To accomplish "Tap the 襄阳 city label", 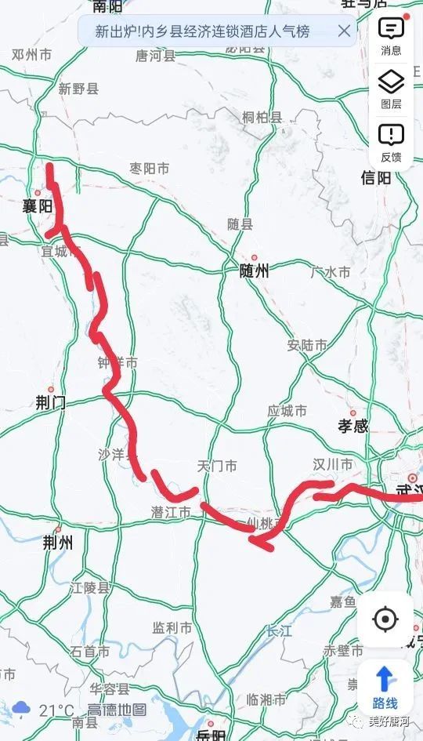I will pyautogui.click(x=38, y=206).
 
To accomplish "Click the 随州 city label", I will pyautogui.click(x=254, y=271).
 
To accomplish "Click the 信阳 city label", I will pyautogui.click(x=376, y=178).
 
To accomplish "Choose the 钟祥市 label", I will pyautogui.click(x=117, y=363).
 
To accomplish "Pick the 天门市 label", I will pyautogui.click(x=217, y=467).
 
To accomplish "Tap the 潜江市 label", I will pyautogui.click(x=171, y=512).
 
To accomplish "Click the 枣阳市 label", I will pyautogui.click(x=149, y=169).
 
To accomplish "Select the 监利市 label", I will pyautogui.click(x=172, y=628).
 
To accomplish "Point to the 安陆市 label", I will pyautogui.click(x=307, y=345).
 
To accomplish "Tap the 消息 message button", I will pyautogui.click(x=391, y=36).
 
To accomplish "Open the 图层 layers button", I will pyautogui.click(x=391, y=89).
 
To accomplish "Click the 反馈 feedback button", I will pyautogui.click(x=391, y=142).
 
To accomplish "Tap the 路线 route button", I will pyautogui.click(x=385, y=687).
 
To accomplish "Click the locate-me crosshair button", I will pyautogui.click(x=385, y=619).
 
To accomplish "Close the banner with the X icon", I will pyautogui.click(x=344, y=31).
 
